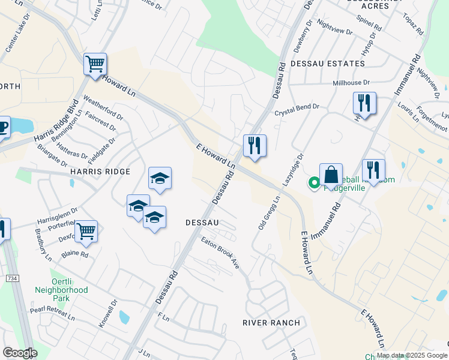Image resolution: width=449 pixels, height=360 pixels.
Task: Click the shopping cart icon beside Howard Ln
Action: coord(95,64)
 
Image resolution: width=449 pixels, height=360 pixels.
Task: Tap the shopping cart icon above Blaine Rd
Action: coord(86,231)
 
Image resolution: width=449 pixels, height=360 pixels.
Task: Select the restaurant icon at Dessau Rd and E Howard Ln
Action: coord(255,146)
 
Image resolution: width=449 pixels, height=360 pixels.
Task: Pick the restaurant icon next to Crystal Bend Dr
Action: coord(364,103)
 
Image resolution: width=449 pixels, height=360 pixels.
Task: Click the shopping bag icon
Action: coord(331,175)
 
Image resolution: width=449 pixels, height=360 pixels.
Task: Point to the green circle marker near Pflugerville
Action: coord(313,183)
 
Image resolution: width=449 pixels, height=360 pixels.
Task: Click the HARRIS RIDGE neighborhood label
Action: coord(100,172)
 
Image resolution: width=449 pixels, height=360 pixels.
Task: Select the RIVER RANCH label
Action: coord(271,323)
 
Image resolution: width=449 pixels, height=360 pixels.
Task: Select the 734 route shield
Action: coord(12,278)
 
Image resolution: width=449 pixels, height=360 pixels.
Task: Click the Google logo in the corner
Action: coord(20,352)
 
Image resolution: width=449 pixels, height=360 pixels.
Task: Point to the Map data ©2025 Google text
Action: coord(412,355)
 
